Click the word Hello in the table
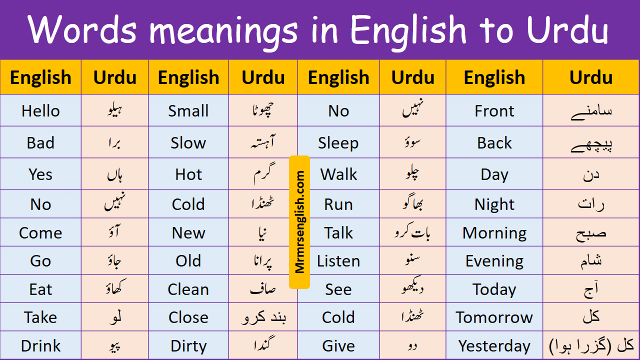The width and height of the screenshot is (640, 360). tap(40, 110)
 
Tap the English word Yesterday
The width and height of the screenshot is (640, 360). tap(494, 345)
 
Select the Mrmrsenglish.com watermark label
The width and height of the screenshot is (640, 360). tap(299, 222)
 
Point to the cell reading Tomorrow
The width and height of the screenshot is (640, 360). tap(494, 317)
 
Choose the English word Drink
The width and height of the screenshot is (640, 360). tap(40, 345)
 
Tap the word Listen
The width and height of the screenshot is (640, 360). tap(338, 261)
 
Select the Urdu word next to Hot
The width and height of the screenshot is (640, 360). tap(263, 174)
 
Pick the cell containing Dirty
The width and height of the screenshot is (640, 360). tap(188, 345)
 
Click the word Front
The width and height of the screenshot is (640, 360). tap(494, 110)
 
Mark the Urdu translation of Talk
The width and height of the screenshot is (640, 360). tap(412, 233)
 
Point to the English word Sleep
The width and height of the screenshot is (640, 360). tap(338, 143)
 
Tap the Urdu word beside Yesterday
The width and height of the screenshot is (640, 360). tap(591, 345)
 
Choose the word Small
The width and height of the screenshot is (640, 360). tap(188, 110)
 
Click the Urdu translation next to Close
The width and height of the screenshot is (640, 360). tap(263, 317)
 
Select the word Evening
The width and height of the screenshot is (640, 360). tap(494, 261)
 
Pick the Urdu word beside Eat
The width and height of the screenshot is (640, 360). tap(114, 289)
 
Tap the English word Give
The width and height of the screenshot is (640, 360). tap(338, 345)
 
